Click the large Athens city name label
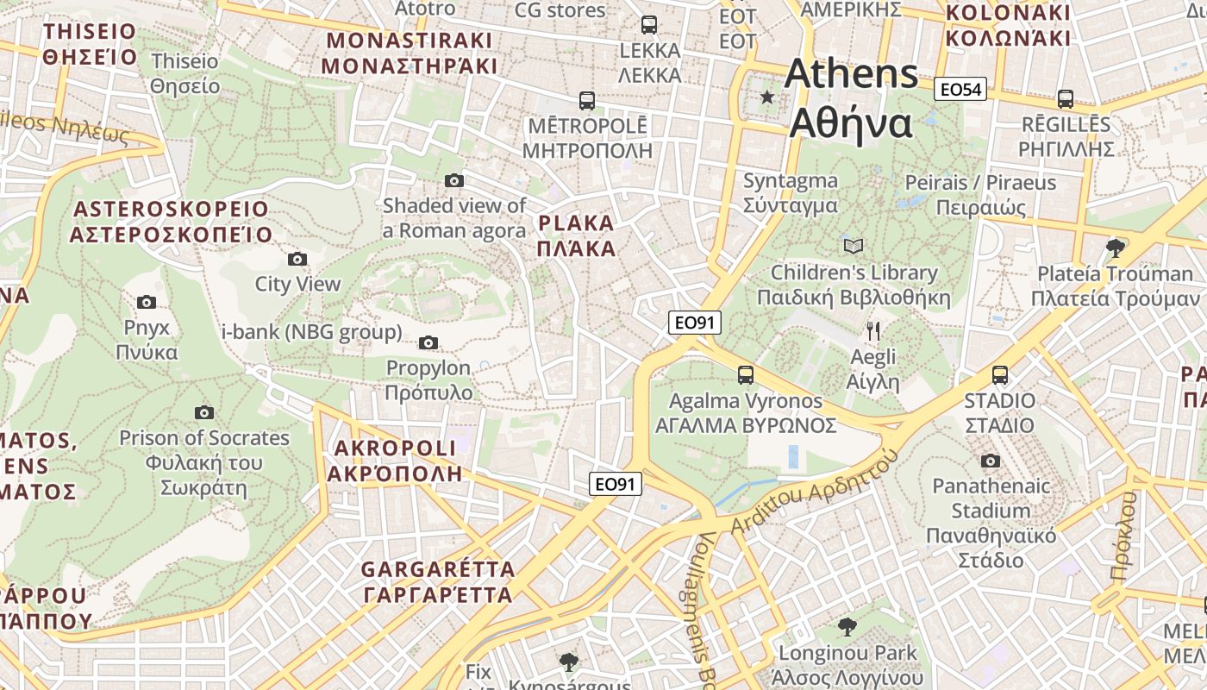tap(852, 97)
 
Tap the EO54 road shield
tap(960, 89)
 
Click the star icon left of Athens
tap(767, 97)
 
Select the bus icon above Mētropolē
tap(587, 101)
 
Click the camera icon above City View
tap(297, 259)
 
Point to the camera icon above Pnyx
tap(147, 302)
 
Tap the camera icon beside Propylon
tap(428, 343)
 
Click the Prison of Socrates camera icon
tap(204, 412)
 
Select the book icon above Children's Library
tap(854, 247)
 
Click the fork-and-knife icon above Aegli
tap(872, 330)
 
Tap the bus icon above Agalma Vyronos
tap(746, 375)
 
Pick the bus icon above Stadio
tap(1000, 375)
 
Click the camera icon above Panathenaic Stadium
tap(991, 461)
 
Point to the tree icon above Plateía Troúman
tap(1116, 248)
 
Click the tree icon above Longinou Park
tap(847, 627)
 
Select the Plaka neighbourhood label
tap(576, 236)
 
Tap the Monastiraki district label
tap(409, 53)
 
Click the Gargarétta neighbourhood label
tap(438, 582)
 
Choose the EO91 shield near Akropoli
tap(616, 484)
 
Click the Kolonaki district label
tap(1008, 25)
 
